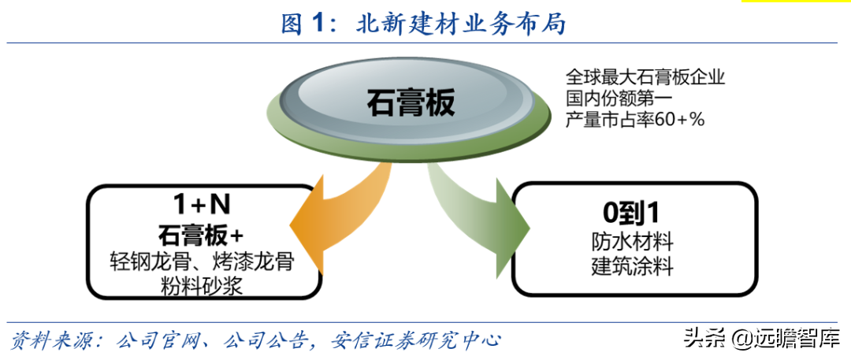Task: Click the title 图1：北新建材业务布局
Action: [x=424, y=24]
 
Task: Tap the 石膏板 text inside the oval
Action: [x=411, y=102]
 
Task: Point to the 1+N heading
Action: [x=202, y=206]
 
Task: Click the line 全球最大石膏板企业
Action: [x=645, y=76]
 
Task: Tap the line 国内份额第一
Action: [x=619, y=98]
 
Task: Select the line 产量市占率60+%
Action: [x=635, y=120]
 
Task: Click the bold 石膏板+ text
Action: [x=202, y=236]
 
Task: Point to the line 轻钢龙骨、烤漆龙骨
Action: [x=202, y=262]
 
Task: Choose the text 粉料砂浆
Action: [x=202, y=287]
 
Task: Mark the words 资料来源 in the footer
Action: [x=47, y=340]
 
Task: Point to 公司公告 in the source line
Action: [x=259, y=340]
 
